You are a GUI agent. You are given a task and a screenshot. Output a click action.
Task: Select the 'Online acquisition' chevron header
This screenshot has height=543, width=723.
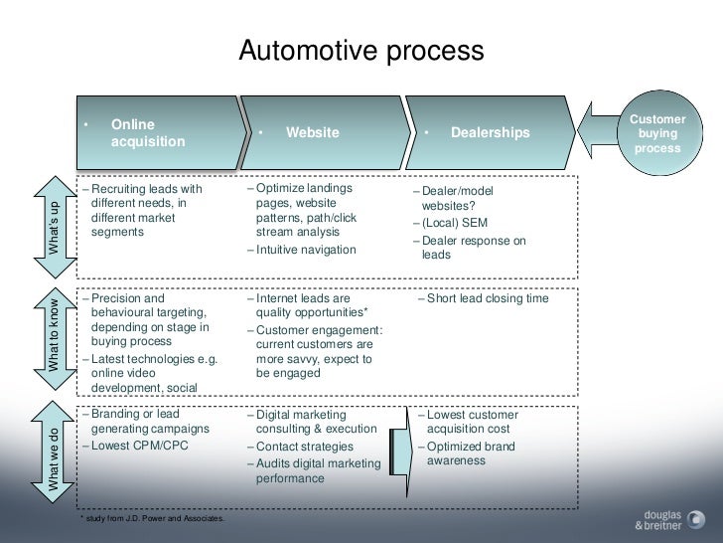pos(159,133)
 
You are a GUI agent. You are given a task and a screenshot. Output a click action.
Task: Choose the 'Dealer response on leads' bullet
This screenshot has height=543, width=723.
pos(474,248)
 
